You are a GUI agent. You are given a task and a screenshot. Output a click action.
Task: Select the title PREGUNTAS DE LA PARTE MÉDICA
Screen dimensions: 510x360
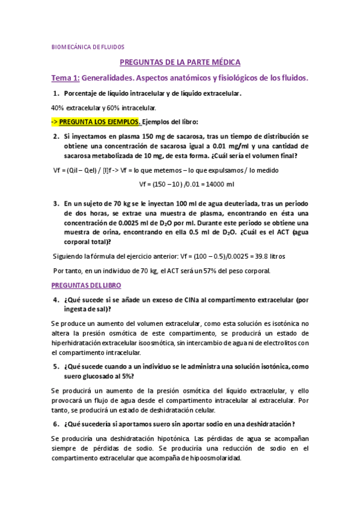(x=180, y=62)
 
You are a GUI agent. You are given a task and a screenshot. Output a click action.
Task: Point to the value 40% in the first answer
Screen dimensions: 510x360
(x=58, y=108)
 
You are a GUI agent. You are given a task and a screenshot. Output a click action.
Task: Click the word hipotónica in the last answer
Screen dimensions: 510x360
(x=173, y=438)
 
